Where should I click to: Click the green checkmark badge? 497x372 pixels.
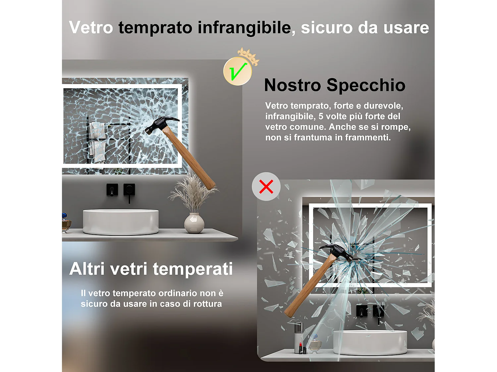(x=238, y=71)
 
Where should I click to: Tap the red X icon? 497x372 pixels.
(x=266, y=186)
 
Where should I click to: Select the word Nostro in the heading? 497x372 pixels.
(x=292, y=85)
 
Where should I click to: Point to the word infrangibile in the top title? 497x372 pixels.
(x=244, y=27)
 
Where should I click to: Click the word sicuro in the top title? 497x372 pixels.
(x=326, y=27)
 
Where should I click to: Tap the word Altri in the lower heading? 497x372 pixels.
(x=87, y=269)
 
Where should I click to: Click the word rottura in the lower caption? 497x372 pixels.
(x=207, y=304)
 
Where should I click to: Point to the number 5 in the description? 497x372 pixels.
(x=321, y=116)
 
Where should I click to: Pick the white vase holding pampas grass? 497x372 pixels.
(x=194, y=223)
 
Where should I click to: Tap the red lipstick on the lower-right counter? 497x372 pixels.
(x=301, y=348)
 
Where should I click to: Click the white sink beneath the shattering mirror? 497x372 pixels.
(x=370, y=342)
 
